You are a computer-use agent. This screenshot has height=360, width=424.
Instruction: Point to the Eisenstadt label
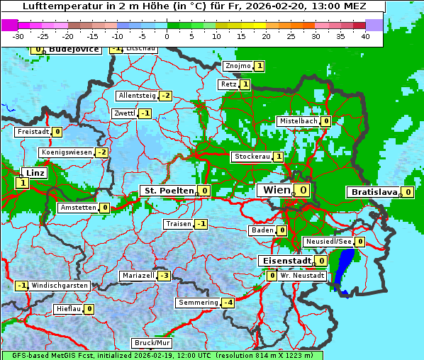point(285,261)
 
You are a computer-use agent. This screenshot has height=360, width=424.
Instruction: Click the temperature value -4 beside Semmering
point(228,303)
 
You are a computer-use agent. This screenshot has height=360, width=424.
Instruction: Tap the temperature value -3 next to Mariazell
point(164,275)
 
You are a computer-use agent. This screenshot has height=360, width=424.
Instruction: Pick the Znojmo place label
point(238,66)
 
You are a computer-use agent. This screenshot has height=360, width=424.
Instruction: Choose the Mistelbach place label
point(299,121)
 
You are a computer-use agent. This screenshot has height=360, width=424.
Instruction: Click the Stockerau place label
point(252,157)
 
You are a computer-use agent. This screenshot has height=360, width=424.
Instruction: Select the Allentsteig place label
point(137,96)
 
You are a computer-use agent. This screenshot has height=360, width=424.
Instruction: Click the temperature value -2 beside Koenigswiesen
point(102,152)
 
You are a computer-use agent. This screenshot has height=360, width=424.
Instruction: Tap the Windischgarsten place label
point(60,286)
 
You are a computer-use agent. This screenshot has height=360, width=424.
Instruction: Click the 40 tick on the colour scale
point(365,36)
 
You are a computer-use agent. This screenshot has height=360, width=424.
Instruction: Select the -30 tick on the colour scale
point(18,36)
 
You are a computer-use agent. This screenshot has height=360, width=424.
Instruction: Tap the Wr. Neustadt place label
point(303,275)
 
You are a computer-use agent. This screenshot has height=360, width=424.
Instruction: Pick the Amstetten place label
point(78,208)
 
